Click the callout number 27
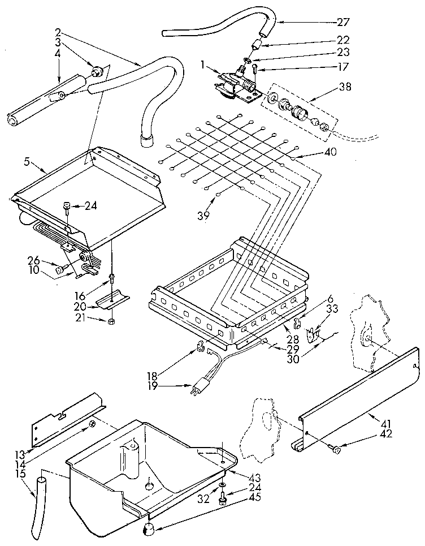[x=343, y=23]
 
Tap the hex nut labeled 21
[x=111, y=321]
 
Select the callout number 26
[x=34, y=261]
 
